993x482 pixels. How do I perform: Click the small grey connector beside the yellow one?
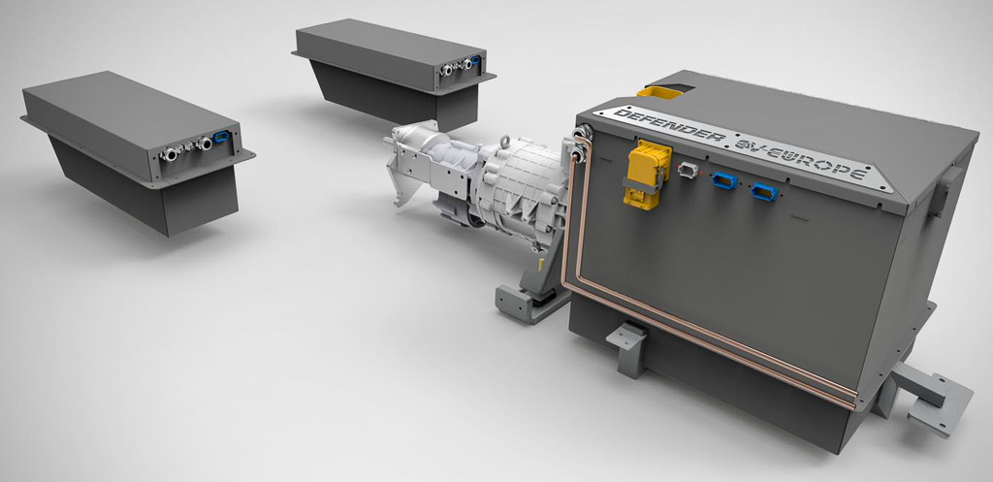click(689, 170)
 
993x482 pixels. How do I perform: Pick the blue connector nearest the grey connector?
click(723, 179)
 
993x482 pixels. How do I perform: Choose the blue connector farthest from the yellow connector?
click(764, 191)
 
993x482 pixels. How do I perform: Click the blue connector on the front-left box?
click(222, 137)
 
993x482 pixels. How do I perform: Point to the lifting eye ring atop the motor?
click(507, 142)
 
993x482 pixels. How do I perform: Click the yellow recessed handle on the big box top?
click(661, 92)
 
